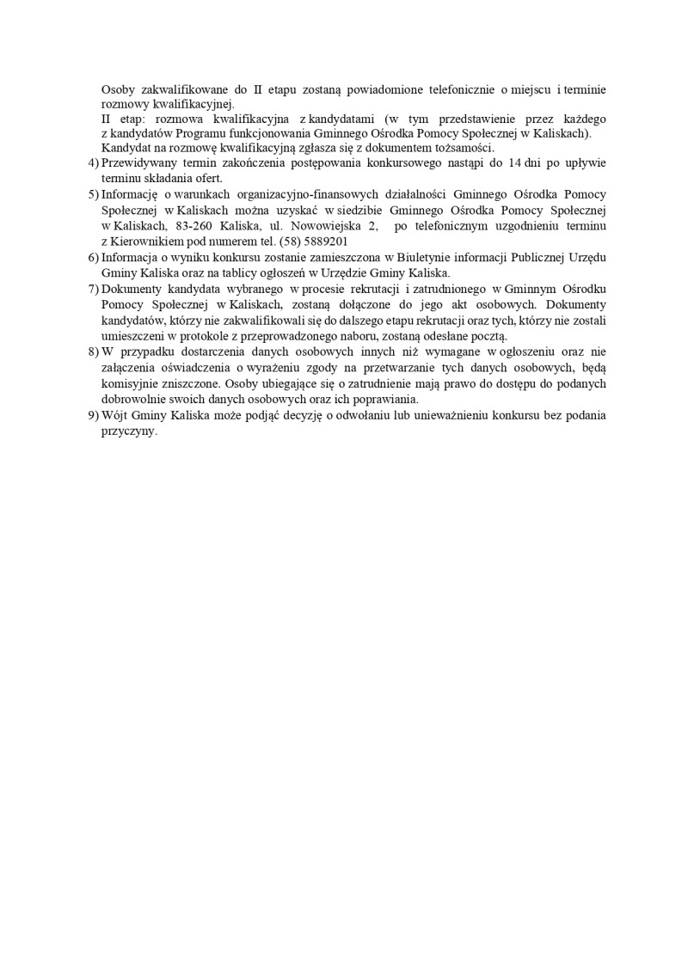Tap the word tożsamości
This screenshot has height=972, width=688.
click(464, 149)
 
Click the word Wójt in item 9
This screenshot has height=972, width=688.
click(116, 415)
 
